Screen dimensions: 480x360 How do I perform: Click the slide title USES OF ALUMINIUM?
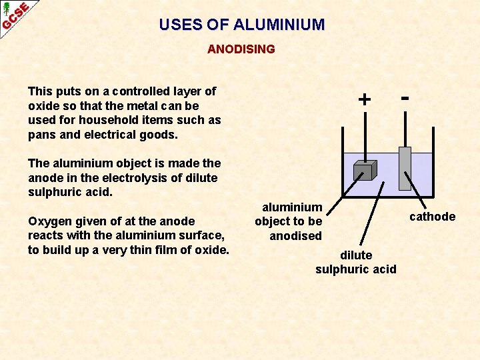241,25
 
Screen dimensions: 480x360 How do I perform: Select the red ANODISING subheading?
241,49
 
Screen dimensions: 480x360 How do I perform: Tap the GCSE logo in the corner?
15,15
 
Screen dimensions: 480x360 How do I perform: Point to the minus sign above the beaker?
404,97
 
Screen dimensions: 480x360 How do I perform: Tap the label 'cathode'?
432,217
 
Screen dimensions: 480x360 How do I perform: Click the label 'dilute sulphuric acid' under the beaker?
356,262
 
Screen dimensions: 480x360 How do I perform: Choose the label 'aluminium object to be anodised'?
289,221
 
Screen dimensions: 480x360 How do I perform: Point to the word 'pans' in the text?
41,135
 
